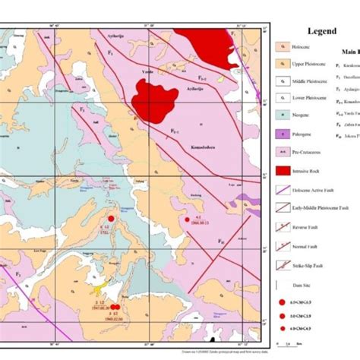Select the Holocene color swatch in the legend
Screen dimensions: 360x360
tap(282, 47)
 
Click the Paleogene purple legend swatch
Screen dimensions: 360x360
tap(282, 134)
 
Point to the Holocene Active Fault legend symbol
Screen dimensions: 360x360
tap(282, 190)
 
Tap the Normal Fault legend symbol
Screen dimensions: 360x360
tap(282, 245)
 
